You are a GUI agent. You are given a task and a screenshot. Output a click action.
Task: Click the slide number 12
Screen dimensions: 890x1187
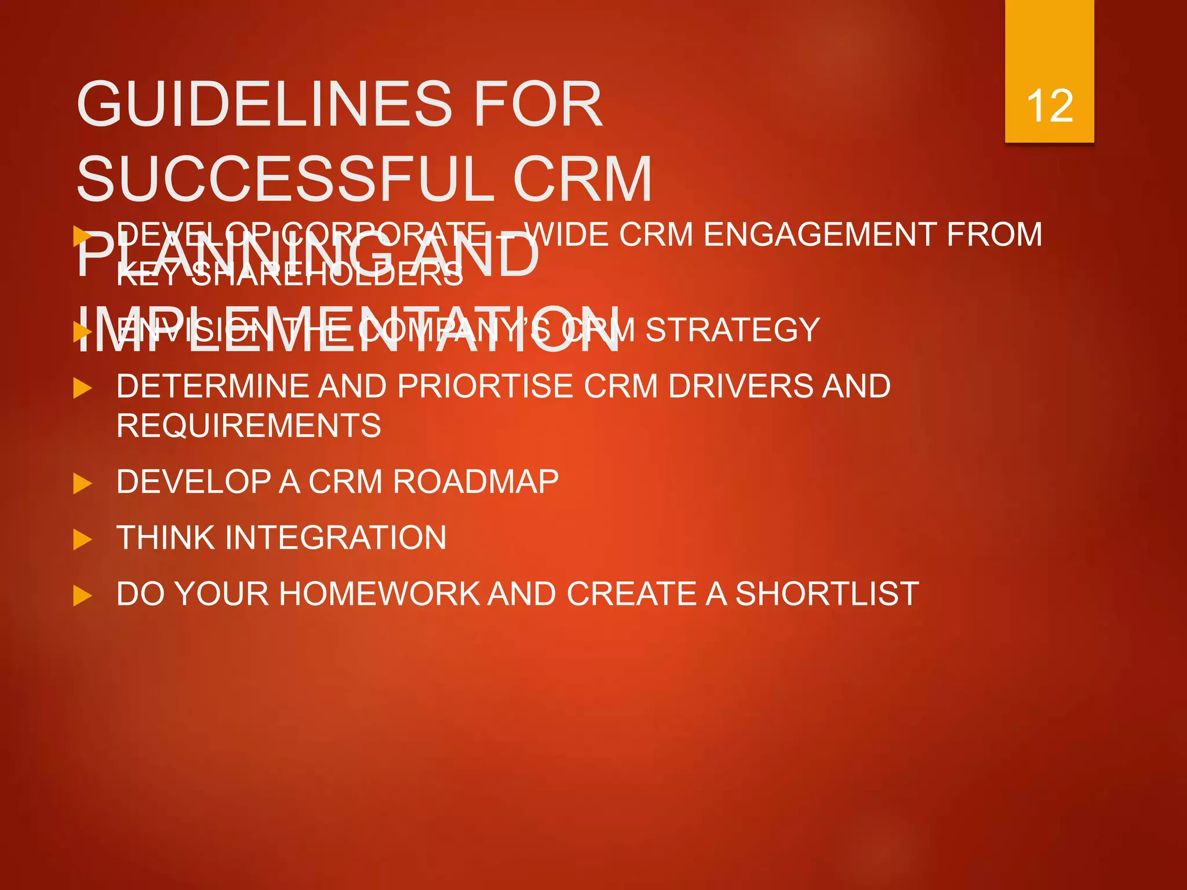(1049, 106)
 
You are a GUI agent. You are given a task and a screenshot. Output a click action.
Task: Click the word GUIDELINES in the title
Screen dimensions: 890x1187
(264, 104)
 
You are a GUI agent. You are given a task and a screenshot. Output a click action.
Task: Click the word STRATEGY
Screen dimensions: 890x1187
(733, 330)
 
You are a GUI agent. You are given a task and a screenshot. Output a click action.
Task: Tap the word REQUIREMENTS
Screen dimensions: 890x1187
(249, 426)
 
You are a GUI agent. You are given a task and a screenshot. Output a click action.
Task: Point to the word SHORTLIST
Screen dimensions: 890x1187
(827, 594)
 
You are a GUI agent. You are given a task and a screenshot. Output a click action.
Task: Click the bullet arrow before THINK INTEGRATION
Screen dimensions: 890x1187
(82, 539)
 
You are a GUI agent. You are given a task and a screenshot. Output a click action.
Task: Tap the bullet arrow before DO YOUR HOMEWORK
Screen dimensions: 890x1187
(82, 596)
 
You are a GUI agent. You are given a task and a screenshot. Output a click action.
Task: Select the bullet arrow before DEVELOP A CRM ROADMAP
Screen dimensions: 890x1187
(82, 483)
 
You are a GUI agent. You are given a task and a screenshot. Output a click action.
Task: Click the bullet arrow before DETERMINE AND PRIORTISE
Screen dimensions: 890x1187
(82, 388)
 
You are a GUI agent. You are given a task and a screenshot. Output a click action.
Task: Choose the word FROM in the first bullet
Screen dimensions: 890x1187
(994, 235)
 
